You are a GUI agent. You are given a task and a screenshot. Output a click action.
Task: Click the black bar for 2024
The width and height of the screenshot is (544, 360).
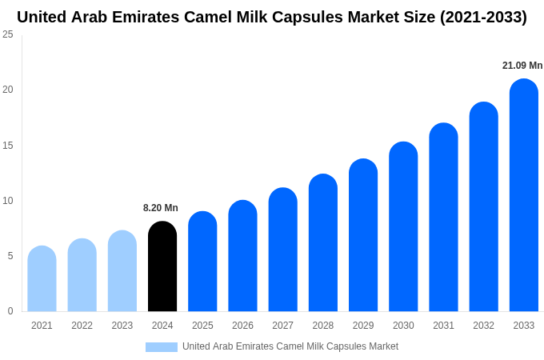162,266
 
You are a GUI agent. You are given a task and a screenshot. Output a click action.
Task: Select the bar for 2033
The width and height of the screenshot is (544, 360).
524,195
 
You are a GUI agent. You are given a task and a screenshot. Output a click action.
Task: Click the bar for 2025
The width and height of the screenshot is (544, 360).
202,262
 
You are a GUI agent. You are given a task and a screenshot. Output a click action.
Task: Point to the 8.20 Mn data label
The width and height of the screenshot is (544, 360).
161,208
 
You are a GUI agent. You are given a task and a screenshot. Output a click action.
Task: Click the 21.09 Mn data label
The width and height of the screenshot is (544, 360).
522,66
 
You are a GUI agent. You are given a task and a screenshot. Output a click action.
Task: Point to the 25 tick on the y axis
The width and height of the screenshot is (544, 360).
8,34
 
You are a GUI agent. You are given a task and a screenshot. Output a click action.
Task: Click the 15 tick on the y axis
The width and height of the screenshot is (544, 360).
8,145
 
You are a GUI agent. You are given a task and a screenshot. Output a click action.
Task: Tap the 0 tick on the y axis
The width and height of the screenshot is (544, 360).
10,311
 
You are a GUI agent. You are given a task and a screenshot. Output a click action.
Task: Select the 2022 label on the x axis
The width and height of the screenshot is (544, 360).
82,326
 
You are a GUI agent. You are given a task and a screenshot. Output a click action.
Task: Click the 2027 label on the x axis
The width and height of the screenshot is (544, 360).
282,326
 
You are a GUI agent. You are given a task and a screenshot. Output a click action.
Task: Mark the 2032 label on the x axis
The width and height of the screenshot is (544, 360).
483,326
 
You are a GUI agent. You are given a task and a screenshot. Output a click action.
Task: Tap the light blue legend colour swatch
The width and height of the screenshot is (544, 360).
162,347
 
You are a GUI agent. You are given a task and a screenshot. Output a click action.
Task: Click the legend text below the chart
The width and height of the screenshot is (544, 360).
290,346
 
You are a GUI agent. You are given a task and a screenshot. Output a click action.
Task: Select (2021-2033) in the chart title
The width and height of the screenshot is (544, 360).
483,17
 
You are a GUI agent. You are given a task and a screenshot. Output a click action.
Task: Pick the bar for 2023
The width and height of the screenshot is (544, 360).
122,271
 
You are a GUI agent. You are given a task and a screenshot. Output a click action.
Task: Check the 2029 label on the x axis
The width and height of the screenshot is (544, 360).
363,326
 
